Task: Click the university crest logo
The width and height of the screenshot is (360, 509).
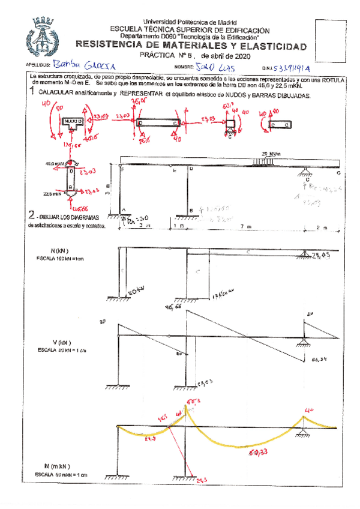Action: click(x=41, y=38)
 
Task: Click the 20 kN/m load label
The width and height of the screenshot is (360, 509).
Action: click(x=272, y=153)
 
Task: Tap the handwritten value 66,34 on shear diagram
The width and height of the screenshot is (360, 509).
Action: click(x=320, y=360)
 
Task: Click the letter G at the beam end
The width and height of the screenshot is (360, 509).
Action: click(x=339, y=173)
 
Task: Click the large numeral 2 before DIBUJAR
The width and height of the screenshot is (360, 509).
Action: click(x=31, y=214)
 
